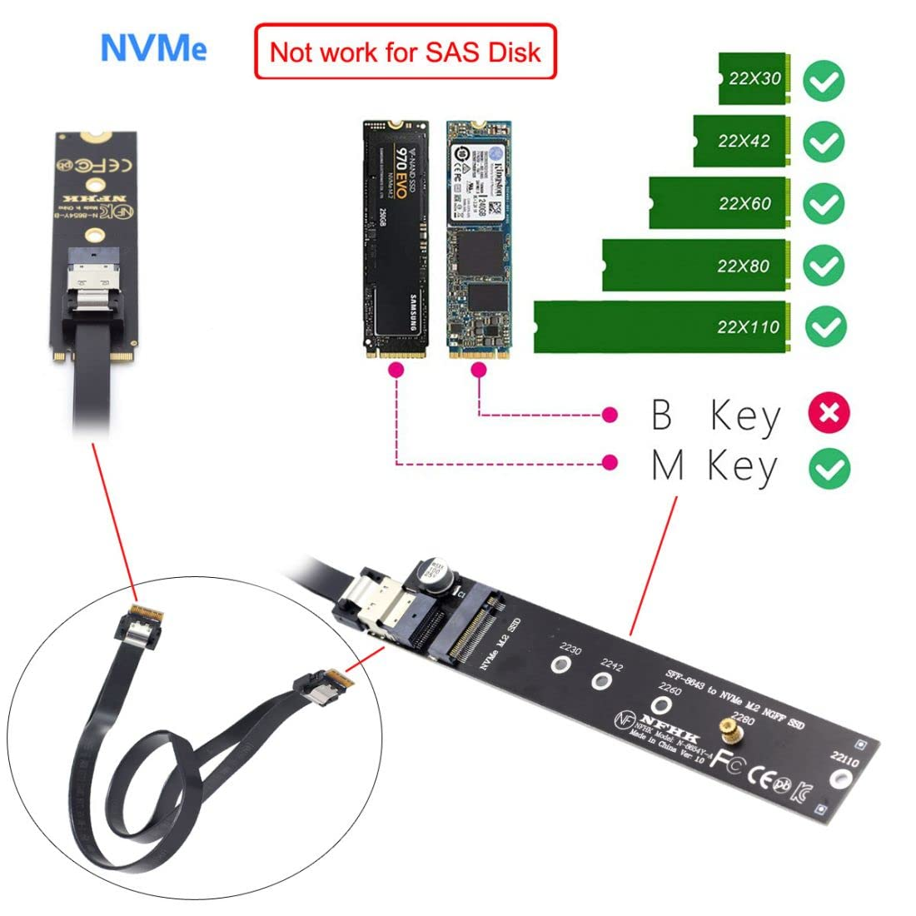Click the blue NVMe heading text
[153, 48]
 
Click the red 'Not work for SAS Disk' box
[405, 52]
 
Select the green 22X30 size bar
[754, 79]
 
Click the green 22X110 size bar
[662, 326]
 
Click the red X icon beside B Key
[829, 413]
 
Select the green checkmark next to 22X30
[824, 82]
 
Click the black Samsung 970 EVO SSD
[395, 240]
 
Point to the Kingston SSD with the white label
[478, 240]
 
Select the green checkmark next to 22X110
[824, 326]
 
